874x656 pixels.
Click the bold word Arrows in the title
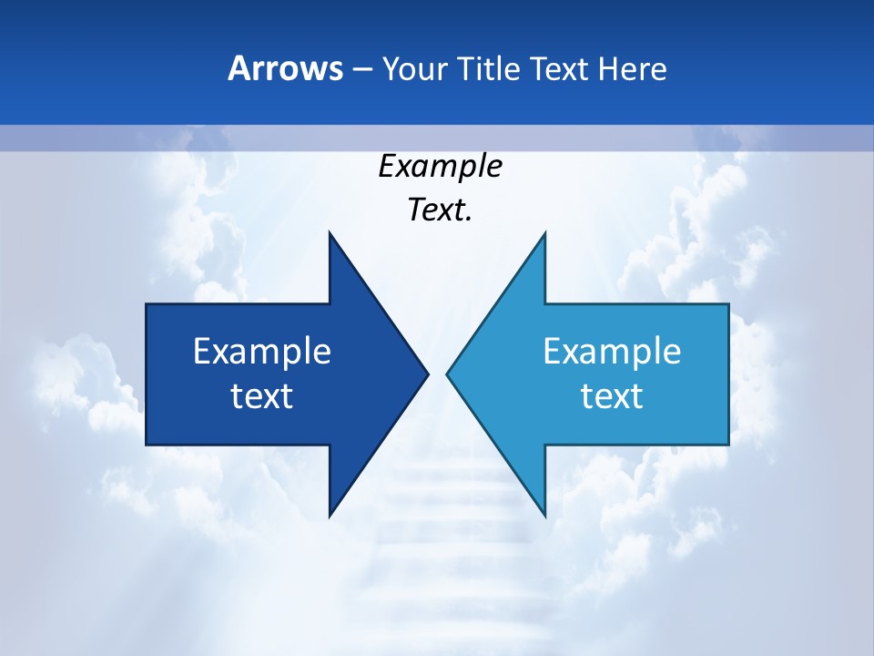pos(285,69)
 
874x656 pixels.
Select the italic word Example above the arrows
pos(440,167)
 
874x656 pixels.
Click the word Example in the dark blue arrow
pos(262,352)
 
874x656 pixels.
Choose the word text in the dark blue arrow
pos(262,396)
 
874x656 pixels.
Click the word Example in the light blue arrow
pos(612,352)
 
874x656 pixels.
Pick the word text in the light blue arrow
pos(612,396)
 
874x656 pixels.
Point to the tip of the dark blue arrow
pos(427,374)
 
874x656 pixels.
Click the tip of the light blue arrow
pos(448,374)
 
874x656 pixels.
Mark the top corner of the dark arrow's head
pos(330,233)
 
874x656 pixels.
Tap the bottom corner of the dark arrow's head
pos(330,515)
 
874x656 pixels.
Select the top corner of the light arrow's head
pos(544,233)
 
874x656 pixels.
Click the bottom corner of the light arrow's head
pos(544,515)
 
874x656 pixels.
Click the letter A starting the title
pos(239,69)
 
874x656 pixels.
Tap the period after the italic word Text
pos(469,220)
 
